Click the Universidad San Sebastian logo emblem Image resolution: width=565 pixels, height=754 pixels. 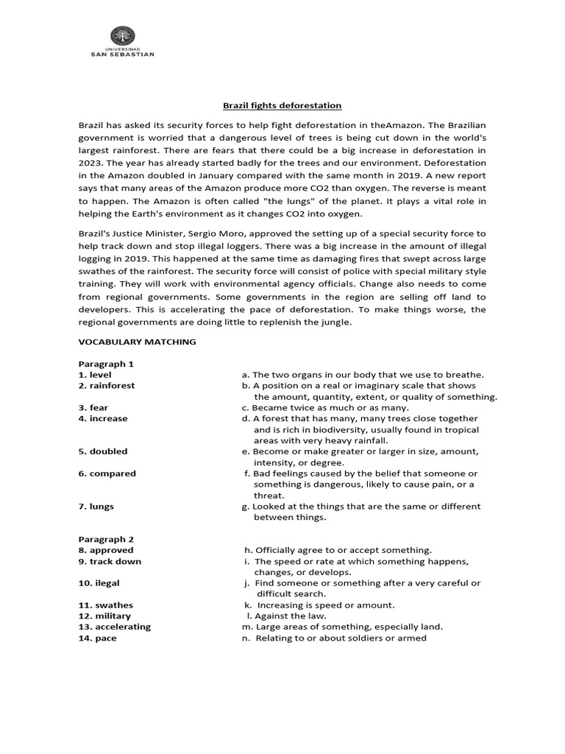122,37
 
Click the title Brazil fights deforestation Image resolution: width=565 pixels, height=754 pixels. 282,105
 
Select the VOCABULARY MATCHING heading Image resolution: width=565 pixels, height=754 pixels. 137,342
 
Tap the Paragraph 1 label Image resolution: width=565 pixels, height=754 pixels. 106,364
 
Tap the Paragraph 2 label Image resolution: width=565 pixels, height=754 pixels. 106,539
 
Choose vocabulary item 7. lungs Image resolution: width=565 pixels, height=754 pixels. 96,507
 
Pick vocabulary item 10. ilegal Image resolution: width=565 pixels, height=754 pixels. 99,583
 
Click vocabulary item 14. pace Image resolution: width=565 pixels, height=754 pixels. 98,638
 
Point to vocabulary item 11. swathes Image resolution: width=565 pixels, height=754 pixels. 106,605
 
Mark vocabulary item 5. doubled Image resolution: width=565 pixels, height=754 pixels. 103,451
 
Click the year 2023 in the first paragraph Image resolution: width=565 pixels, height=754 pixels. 92,162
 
